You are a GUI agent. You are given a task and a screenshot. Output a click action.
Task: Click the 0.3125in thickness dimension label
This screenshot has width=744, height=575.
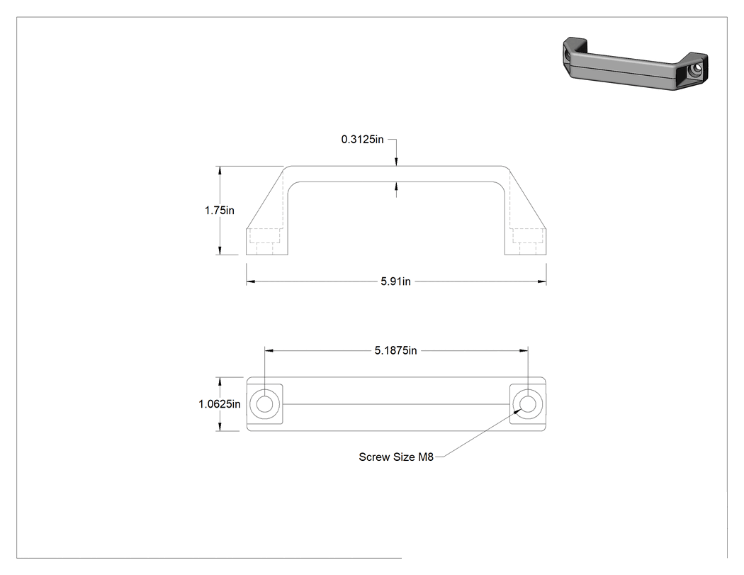click(363, 139)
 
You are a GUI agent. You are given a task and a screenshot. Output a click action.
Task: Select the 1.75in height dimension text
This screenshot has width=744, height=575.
click(220, 211)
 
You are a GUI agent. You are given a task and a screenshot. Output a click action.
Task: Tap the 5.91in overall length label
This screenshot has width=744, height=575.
click(395, 281)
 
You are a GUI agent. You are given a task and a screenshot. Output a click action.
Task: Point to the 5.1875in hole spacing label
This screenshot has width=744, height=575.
click(395, 350)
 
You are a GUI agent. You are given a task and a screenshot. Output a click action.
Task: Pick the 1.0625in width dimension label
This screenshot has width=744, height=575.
click(220, 404)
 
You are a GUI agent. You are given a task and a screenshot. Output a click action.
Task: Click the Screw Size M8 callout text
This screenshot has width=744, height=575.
click(396, 457)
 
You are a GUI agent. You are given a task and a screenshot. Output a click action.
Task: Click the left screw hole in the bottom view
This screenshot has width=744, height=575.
click(265, 404)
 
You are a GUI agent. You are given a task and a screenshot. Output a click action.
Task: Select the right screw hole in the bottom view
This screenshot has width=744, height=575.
click(528, 404)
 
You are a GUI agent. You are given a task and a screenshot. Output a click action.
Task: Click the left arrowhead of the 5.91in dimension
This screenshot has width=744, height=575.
click(251, 281)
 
